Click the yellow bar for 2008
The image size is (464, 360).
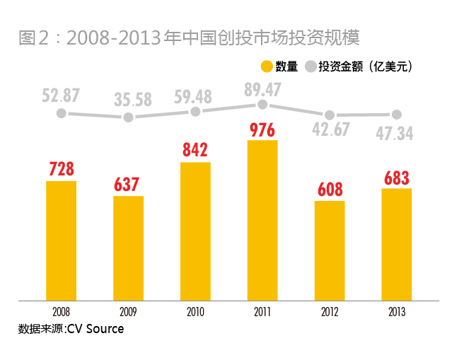61,240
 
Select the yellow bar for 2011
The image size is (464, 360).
262,220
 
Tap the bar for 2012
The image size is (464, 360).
330,250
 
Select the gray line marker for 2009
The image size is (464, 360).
128,117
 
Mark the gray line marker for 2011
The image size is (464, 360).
262,104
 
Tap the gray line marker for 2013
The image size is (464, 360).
397,114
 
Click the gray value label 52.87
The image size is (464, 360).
61,94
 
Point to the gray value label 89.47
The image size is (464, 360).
262,88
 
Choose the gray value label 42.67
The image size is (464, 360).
330,132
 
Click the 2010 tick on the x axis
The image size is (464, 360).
195,311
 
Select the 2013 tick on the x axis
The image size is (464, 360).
397,311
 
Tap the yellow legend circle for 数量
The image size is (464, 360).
267,66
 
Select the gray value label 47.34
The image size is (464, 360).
397,133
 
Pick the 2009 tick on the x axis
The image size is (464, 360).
128,311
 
